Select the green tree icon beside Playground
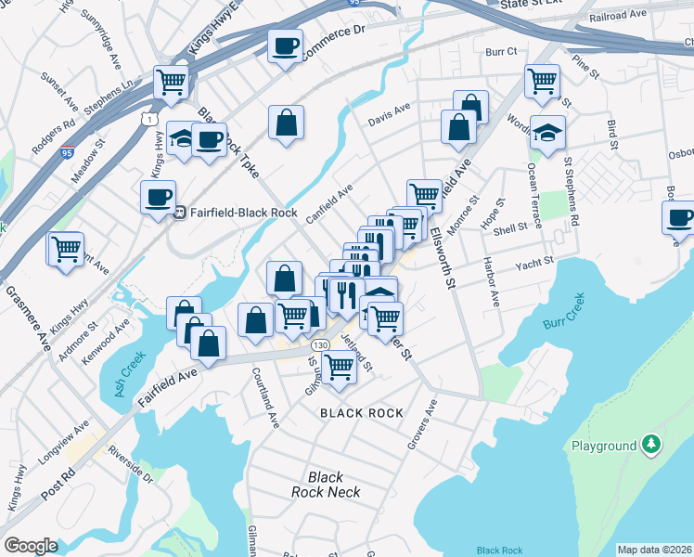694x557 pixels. point(653,446)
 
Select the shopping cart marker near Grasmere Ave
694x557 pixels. point(66,249)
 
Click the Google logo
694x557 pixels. point(31,546)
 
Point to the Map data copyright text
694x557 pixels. point(654,550)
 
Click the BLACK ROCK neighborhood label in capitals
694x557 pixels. point(362,413)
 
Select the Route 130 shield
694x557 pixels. point(321,344)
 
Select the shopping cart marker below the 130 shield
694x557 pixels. point(340,368)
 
